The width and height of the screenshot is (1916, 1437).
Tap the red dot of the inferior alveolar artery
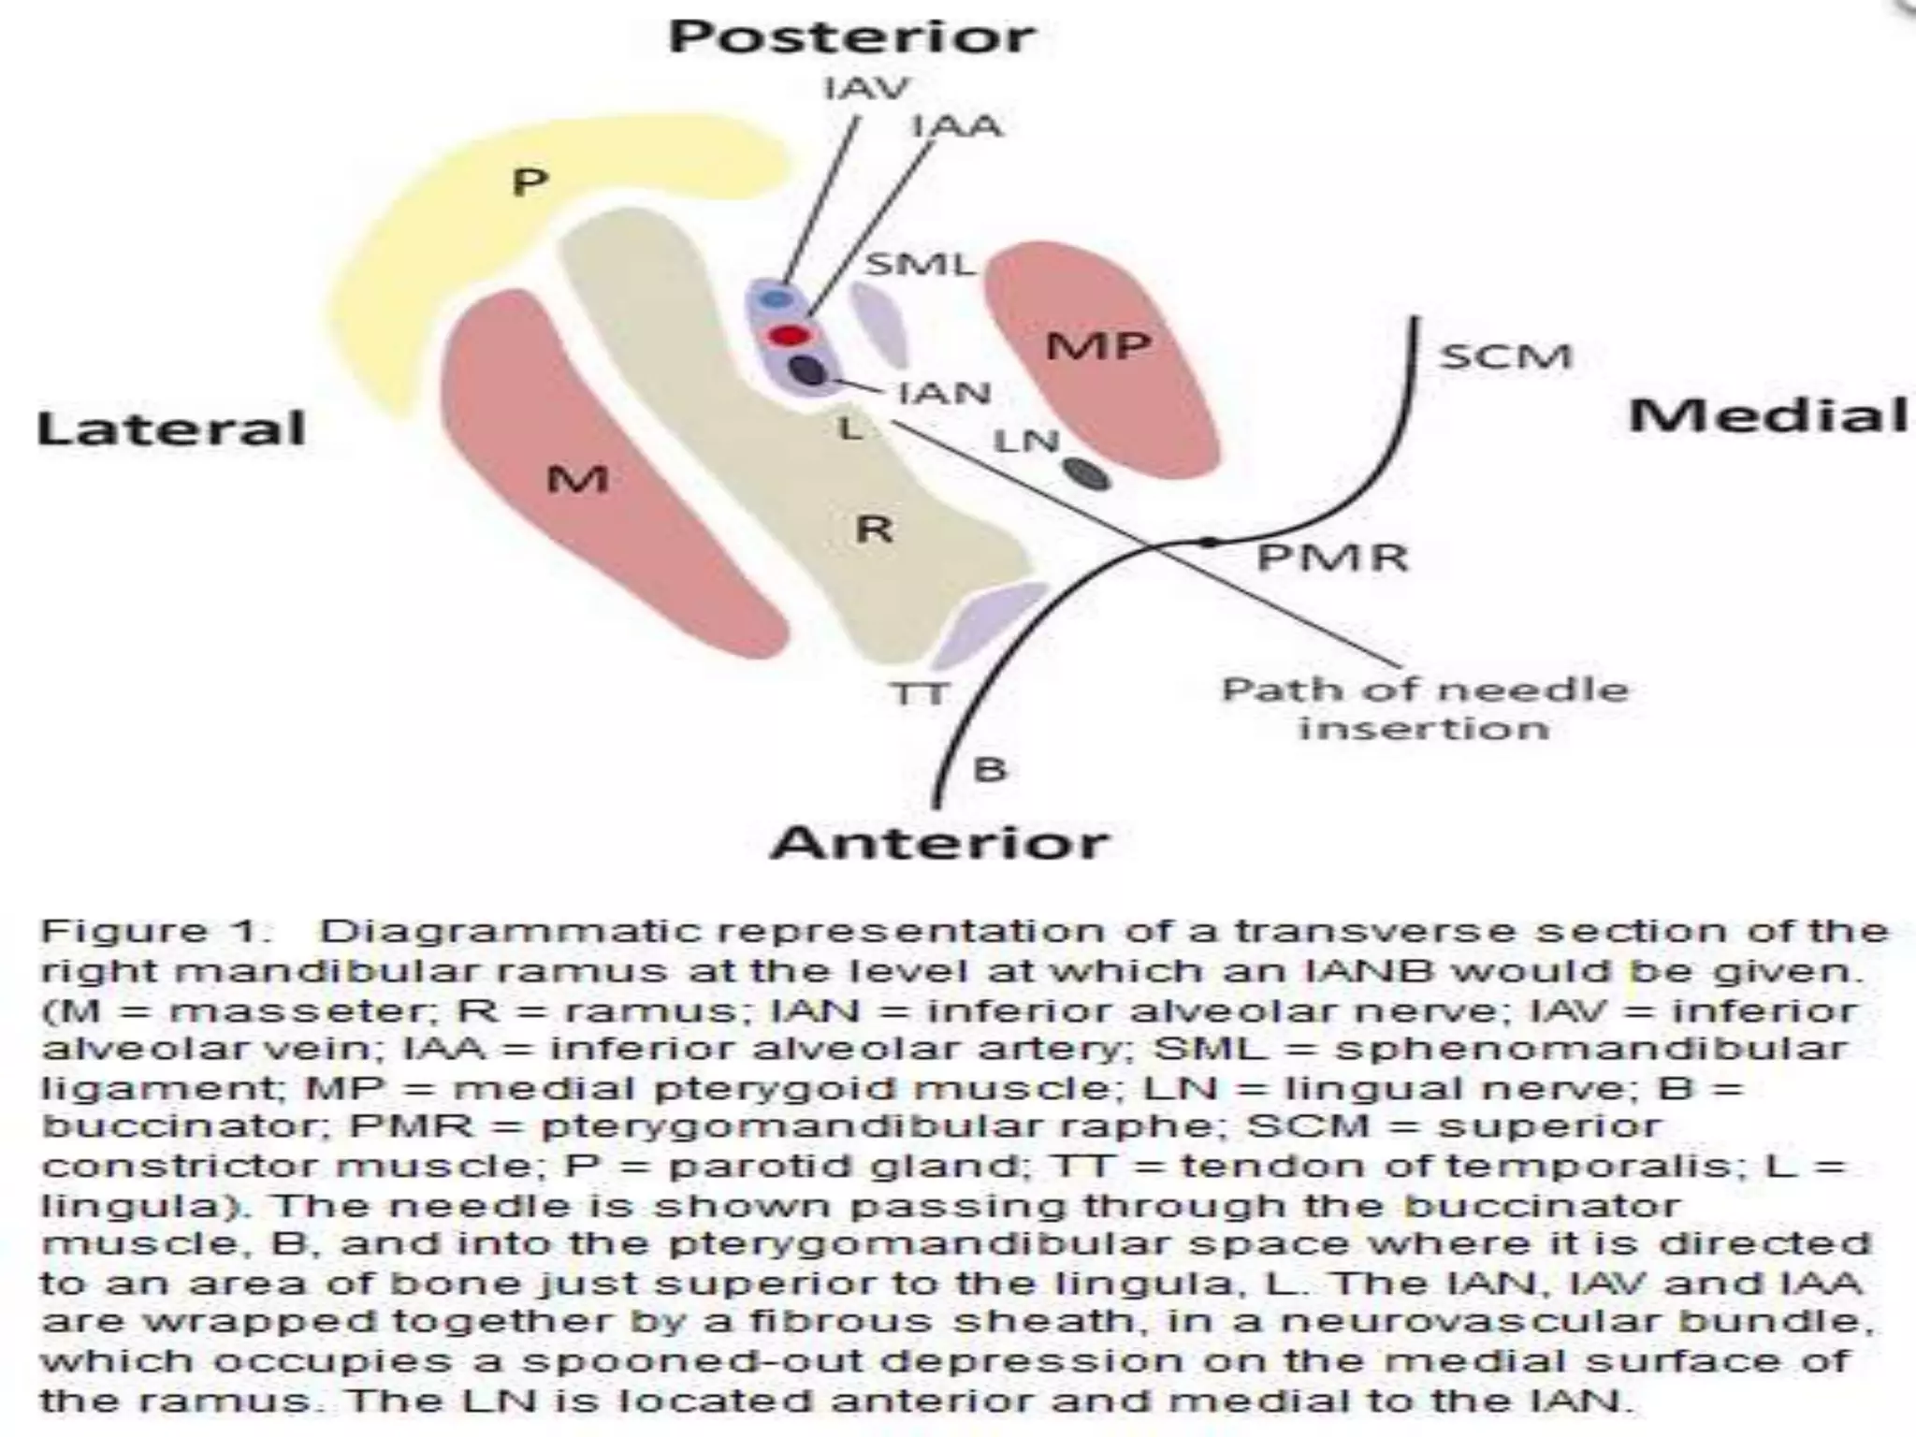click(788, 335)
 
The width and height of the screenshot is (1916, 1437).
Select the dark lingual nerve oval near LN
click(1085, 473)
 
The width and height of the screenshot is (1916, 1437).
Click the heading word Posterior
click(851, 37)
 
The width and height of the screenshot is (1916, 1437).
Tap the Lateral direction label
click(171, 428)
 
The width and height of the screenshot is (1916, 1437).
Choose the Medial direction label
click(1768, 415)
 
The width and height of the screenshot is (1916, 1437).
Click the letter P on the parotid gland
click(530, 181)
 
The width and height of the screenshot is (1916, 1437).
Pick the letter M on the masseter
click(577, 480)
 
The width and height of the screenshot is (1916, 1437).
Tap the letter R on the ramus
click(875, 530)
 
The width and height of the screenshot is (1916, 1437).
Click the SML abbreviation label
click(920, 265)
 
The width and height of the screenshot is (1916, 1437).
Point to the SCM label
click(1505, 356)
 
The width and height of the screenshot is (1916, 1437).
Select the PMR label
click(1332, 558)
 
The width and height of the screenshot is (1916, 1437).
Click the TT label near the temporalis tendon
click(920, 694)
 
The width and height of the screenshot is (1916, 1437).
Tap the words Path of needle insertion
click(1425, 709)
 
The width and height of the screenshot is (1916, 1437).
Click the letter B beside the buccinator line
click(990, 770)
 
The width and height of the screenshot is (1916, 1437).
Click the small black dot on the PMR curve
click(1209, 542)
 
